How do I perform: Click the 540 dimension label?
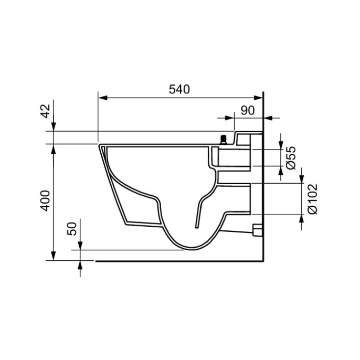click(179, 89)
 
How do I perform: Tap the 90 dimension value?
click(248, 110)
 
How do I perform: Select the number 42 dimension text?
click(45, 111)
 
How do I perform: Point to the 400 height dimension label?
click(45, 200)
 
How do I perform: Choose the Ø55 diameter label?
click(291, 158)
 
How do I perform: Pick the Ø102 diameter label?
click(312, 199)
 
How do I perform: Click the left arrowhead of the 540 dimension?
click(103, 98)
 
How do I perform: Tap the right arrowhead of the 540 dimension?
click(258, 98)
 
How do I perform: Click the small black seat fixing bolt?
click(223, 140)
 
